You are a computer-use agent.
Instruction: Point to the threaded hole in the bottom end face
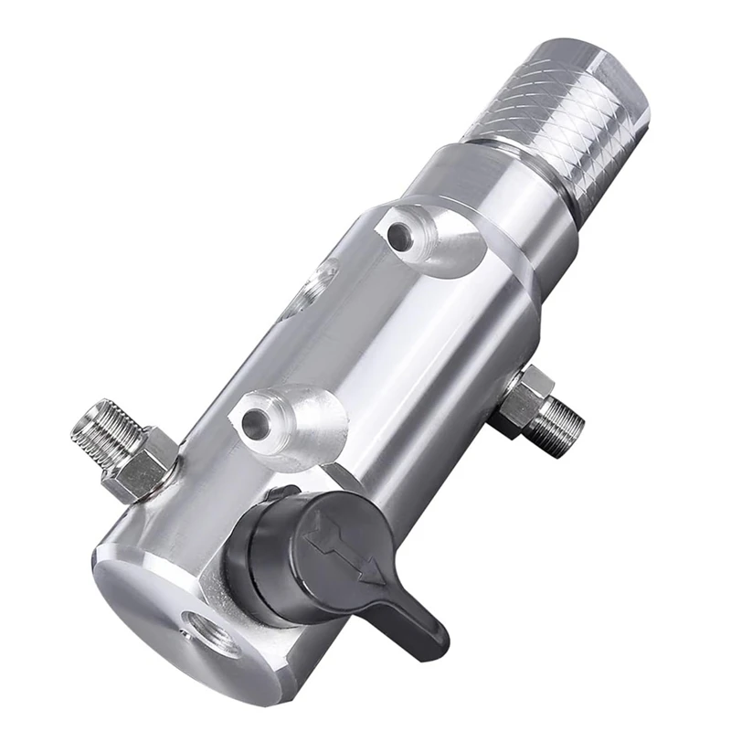[x=202, y=629]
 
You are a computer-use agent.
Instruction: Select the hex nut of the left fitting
[x=142, y=466]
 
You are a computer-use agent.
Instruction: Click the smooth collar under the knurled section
[x=493, y=201]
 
